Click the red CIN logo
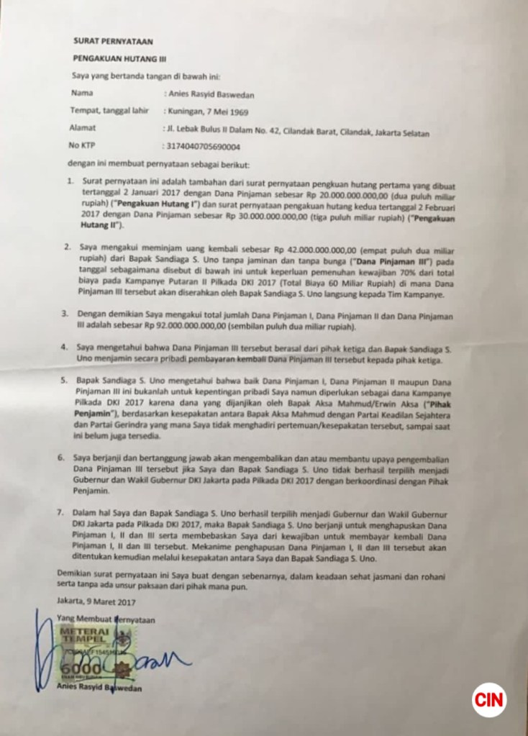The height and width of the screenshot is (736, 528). [x=489, y=699]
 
